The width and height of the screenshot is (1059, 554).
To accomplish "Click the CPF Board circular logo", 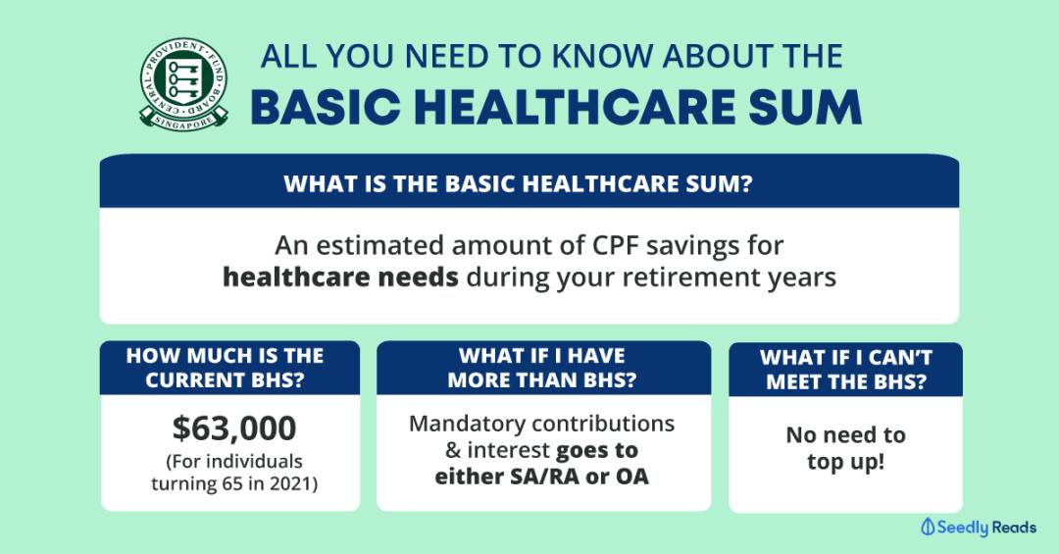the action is (x=183, y=84).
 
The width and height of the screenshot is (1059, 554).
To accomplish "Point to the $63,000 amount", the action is (x=234, y=428).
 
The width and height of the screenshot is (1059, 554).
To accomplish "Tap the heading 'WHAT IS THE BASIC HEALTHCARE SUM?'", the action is (x=518, y=183).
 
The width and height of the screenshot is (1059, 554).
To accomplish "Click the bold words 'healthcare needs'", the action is (x=340, y=277).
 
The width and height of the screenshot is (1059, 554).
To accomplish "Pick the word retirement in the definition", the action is (x=691, y=277).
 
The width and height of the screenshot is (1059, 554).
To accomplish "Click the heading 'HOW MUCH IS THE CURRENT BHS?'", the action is (x=225, y=368).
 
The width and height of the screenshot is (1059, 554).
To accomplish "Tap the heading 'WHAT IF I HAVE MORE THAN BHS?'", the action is (x=542, y=368).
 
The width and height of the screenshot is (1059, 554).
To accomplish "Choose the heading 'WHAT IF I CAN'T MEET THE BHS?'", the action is (x=846, y=370).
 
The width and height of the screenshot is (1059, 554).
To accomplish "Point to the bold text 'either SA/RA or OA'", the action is (x=541, y=477).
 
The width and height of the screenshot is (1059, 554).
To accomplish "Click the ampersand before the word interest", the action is (x=453, y=450).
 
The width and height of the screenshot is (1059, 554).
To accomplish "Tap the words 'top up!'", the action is (x=845, y=463).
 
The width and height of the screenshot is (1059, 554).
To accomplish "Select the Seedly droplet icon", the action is (x=928, y=527).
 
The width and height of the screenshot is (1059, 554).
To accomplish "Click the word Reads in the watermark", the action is (x=1015, y=527).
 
